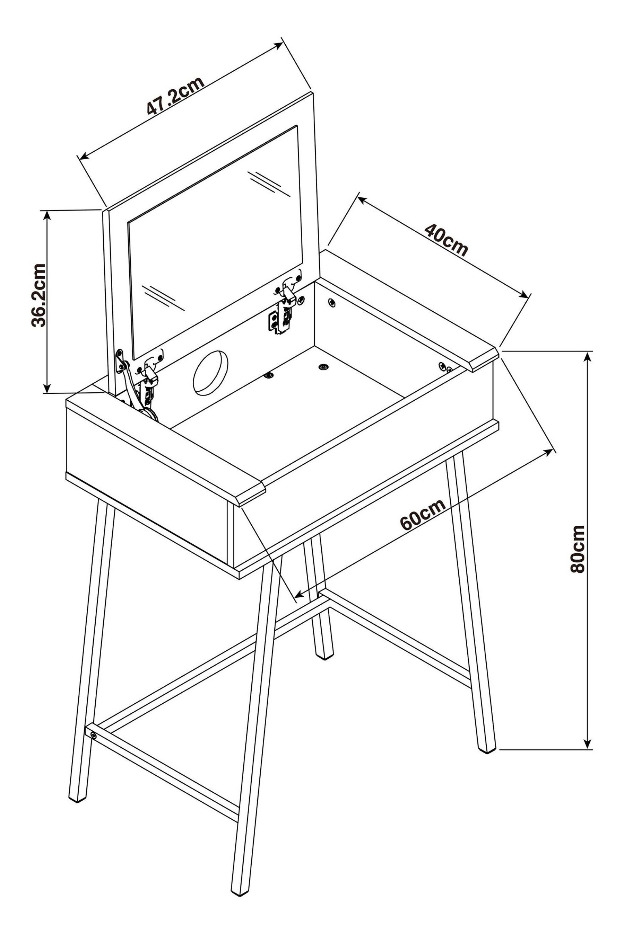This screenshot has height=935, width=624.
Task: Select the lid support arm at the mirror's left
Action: click(131, 388)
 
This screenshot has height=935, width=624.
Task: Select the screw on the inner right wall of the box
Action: click(331, 303)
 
